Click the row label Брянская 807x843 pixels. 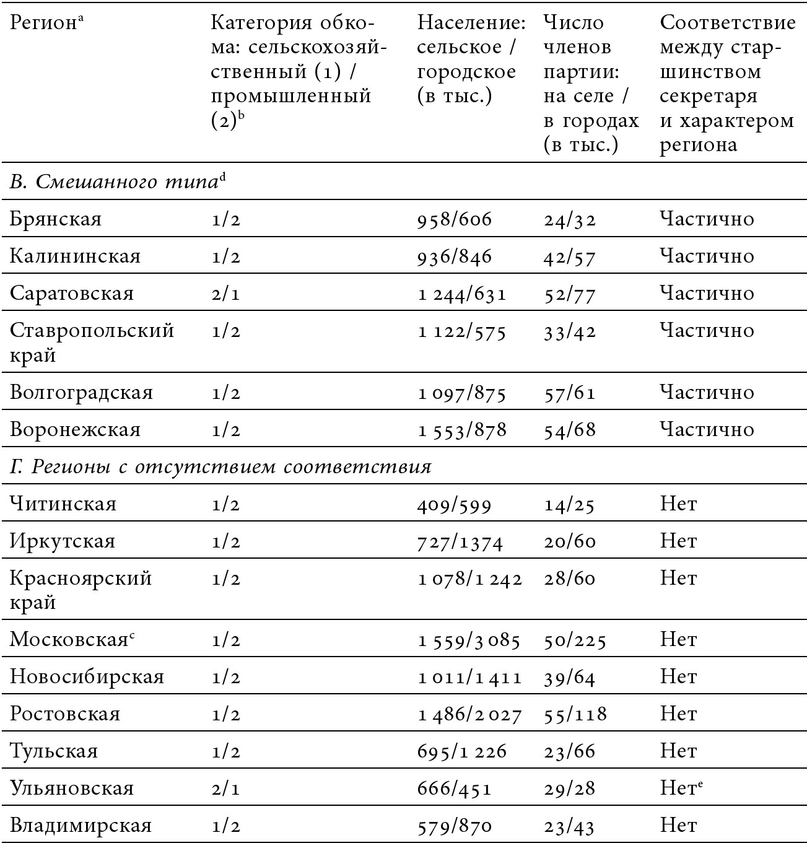coord(56,219)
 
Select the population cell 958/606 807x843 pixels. coord(455,219)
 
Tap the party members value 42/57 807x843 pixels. coord(569,256)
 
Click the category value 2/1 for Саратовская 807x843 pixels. coord(225,294)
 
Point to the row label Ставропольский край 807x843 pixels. coord(92,343)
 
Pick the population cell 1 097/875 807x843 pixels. coord(462,393)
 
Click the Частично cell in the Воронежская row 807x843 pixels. coord(707,430)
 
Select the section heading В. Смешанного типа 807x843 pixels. coord(115,182)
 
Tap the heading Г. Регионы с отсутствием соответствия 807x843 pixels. coord(220,466)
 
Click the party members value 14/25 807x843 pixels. coord(569,504)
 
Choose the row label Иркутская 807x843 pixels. coord(63,541)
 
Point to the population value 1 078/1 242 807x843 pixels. coord(469,579)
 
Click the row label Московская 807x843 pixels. coord(69,640)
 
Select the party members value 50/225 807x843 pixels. coord(575,640)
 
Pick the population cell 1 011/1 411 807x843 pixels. coord(469,677)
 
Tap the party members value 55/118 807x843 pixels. coord(575,714)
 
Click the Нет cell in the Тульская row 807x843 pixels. coord(678,751)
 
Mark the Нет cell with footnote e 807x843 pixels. coord(681,788)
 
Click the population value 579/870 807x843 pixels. coord(455,826)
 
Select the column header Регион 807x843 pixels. coord(44,22)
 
